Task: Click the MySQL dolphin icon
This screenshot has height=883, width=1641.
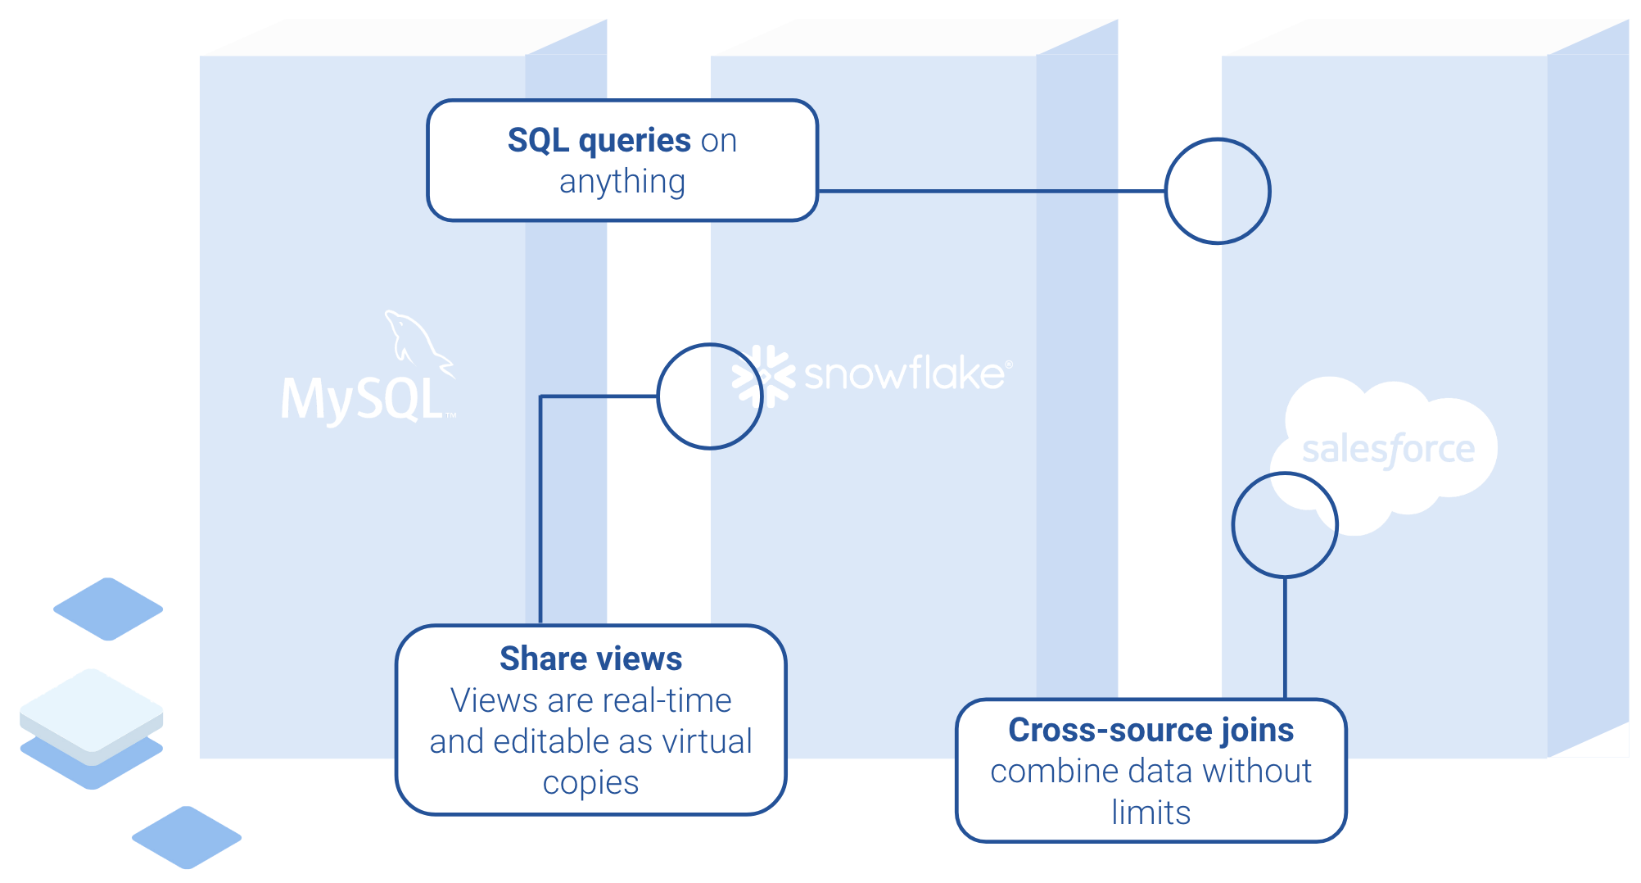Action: (416, 342)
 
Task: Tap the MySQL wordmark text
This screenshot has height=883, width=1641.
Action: (362, 400)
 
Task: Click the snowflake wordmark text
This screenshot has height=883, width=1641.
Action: (904, 374)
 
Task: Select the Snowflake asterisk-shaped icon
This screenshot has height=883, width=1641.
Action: (763, 376)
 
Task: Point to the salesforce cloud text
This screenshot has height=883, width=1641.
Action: (1388, 449)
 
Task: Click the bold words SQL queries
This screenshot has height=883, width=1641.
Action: (599, 140)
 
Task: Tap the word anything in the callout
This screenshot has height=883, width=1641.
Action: (622, 182)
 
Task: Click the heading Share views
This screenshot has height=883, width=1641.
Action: (590, 659)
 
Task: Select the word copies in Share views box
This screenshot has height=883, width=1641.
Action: (590, 783)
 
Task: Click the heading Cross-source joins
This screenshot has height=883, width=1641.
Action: (1151, 730)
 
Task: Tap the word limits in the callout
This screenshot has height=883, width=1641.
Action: (1151, 813)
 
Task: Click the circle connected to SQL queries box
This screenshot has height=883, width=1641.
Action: (1218, 191)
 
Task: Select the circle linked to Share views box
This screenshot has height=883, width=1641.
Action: (710, 396)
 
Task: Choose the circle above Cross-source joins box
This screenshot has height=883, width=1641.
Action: (1285, 525)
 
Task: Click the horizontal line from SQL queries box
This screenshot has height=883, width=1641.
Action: (991, 191)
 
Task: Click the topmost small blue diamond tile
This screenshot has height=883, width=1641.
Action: (108, 609)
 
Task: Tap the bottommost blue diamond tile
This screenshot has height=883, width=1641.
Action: (187, 837)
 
